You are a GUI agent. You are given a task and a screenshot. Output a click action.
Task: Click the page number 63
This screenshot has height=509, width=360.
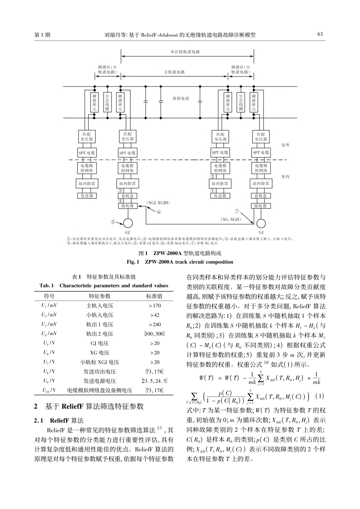(x=320, y=34)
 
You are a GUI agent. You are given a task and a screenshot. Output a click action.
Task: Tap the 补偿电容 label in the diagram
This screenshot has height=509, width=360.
(x=181, y=98)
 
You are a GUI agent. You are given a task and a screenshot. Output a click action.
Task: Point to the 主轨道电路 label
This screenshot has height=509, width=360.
(x=174, y=72)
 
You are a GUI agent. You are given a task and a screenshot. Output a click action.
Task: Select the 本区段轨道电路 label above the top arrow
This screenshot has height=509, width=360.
(x=185, y=52)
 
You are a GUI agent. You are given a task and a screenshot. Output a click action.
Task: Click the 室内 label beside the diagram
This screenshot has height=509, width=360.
(x=285, y=176)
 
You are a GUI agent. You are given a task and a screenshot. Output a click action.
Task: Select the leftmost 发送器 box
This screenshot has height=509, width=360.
(x=87, y=196)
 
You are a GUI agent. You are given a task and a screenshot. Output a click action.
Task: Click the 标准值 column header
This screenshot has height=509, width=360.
(x=155, y=296)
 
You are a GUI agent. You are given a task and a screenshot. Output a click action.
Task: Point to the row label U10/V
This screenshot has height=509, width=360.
(x=49, y=390)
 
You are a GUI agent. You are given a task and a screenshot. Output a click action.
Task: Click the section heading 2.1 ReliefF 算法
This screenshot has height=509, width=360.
(x=59, y=421)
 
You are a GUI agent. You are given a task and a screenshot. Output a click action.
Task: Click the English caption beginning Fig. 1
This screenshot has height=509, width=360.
(x=180, y=262)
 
